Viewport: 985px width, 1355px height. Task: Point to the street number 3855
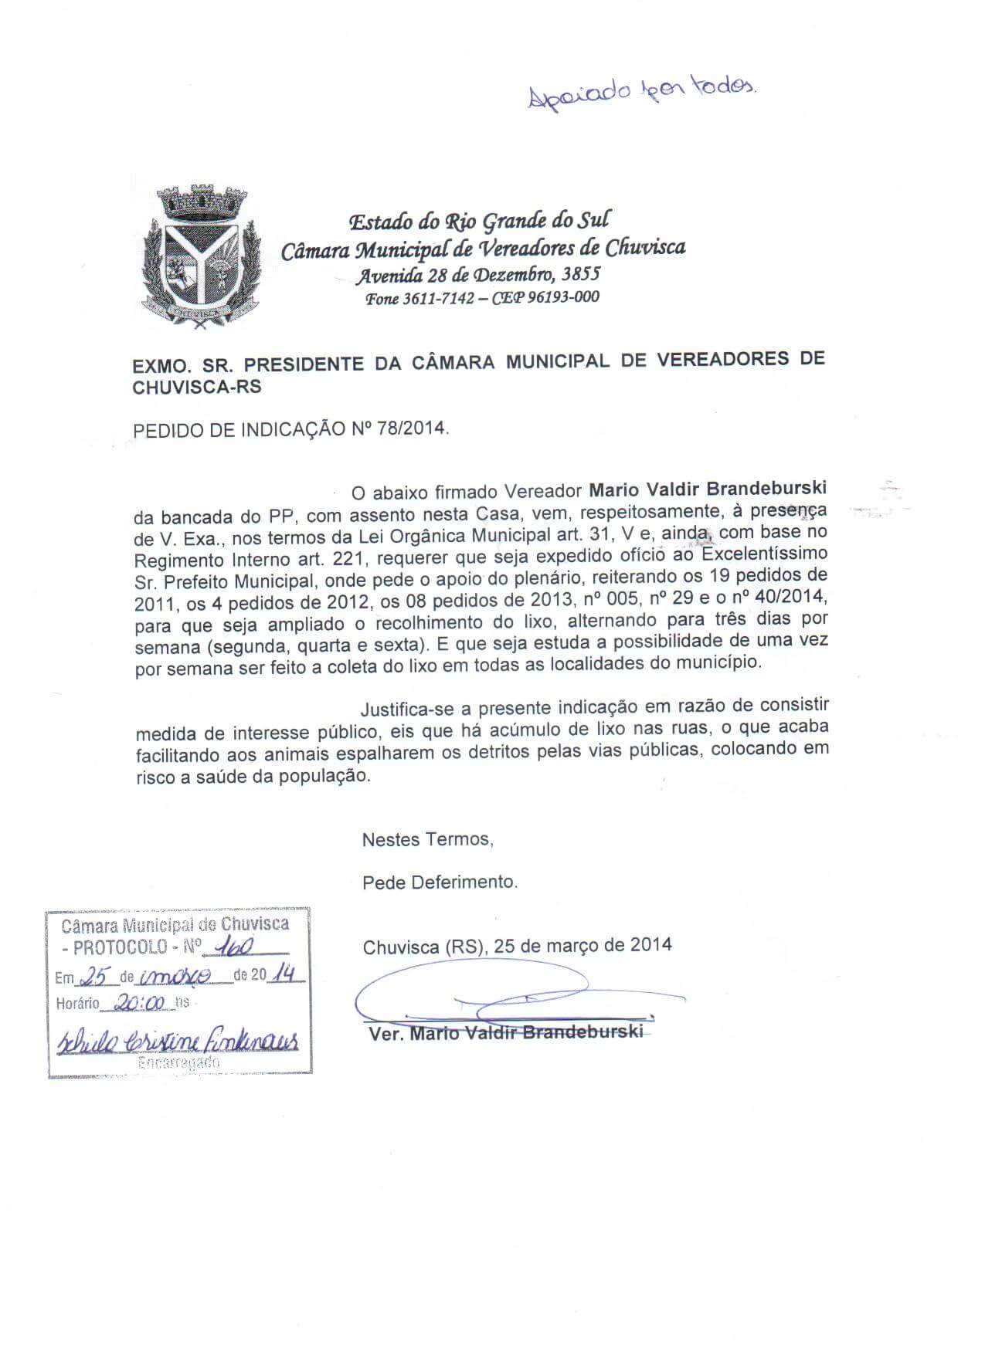coord(579,273)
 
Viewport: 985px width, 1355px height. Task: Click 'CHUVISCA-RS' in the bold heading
coord(197,388)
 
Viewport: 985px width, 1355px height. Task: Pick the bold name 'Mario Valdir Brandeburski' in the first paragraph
coord(708,489)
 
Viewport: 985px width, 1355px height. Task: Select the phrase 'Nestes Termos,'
coord(427,839)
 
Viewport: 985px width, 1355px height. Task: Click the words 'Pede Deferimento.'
coord(440,882)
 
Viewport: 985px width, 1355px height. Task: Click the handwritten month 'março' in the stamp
coord(182,977)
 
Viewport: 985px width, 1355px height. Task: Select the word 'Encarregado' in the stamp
coord(178,1062)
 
